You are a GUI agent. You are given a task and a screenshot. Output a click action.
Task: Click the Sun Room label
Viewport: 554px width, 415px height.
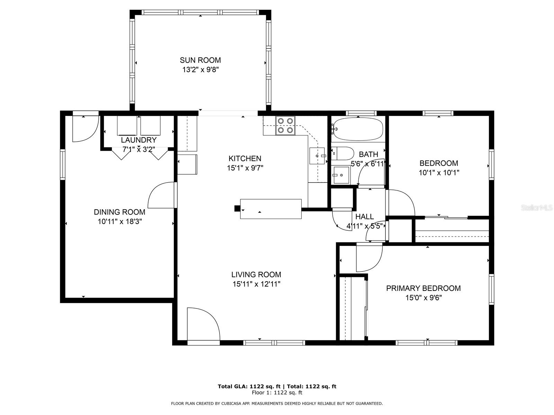(x=200, y=60)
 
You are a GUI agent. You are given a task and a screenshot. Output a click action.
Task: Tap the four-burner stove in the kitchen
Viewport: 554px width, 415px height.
(x=285, y=126)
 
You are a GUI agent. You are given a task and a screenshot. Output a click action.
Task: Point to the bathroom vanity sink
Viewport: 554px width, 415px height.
(x=340, y=175)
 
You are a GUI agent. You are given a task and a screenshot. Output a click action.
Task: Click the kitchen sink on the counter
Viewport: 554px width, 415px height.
(x=317, y=156)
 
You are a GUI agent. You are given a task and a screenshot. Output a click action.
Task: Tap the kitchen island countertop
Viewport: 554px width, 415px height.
(x=271, y=209)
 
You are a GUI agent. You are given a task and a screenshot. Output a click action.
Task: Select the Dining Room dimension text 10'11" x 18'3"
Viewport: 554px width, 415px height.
(x=120, y=221)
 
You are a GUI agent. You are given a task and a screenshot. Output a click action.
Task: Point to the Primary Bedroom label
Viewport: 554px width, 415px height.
(x=423, y=288)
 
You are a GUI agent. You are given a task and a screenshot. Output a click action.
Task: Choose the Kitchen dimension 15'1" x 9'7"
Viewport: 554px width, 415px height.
(x=245, y=168)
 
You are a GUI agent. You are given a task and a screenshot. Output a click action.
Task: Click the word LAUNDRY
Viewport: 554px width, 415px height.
(x=138, y=140)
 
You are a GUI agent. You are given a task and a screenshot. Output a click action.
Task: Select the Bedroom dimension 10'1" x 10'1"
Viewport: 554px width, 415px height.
(x=439, y=173)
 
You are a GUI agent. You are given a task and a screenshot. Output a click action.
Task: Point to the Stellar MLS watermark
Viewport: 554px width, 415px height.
(x=536, y=207)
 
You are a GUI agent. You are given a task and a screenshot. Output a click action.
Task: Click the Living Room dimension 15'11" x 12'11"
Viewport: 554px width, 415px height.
(x=257, y=284)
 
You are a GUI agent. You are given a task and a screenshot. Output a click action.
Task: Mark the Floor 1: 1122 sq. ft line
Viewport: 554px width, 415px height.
(x=277, y=393)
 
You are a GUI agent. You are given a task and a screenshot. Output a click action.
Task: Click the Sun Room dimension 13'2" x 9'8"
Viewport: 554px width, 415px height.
(x=200, y=70)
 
